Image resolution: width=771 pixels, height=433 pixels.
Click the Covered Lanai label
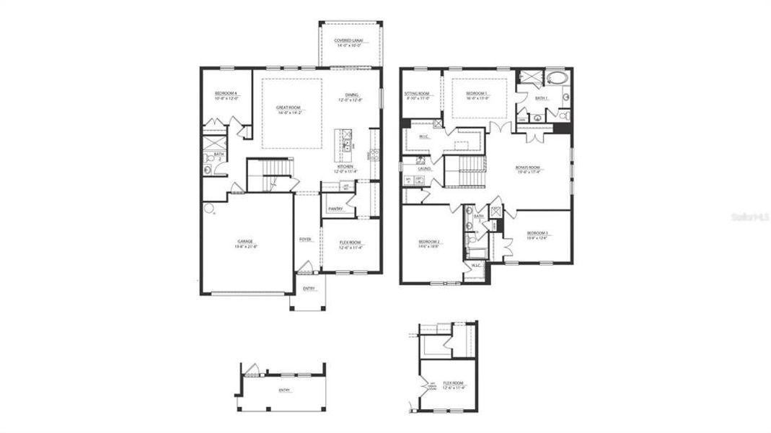350,43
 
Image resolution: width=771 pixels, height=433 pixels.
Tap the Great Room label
288,110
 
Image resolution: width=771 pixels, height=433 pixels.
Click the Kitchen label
345,168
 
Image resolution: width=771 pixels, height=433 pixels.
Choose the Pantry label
335,209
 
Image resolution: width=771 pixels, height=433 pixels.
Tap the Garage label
246,243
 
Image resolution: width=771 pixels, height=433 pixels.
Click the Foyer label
306,239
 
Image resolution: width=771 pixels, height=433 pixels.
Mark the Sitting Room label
416,95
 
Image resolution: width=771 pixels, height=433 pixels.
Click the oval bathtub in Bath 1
556,78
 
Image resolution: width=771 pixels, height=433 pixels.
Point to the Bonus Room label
527,169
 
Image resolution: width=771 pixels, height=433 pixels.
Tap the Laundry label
424,169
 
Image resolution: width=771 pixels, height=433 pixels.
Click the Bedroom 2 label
428,243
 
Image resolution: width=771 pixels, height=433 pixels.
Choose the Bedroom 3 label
537,235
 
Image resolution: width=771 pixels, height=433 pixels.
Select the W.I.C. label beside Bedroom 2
476,266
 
